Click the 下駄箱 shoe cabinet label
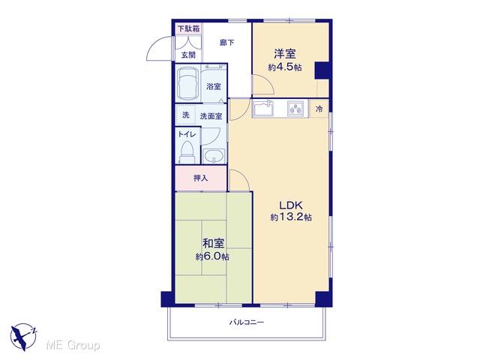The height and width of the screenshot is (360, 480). click(x=189, y=29)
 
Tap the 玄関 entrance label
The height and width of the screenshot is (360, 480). click(x=188, y=55)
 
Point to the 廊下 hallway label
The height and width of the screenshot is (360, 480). click(x=227, y=43)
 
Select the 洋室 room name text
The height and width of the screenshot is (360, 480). click(x=285, y=53)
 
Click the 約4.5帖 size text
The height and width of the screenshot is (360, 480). click(x=285, y=67)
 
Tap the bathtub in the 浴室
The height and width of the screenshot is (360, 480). click(x=187, y=82)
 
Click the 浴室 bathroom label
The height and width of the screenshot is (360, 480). click(x=213, y=87)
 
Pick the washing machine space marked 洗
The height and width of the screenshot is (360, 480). click(x=186, y=115)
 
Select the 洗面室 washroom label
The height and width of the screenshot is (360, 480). click(x=211, y=116)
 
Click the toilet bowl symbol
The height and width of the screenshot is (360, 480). click(x=187, y=153)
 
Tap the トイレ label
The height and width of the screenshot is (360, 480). click(x=187, y=134)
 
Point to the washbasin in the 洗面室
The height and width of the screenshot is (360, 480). click(x=214, y=156)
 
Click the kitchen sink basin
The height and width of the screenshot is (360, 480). click(x=263, y=108)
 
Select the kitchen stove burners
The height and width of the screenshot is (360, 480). click(x=295, y=108)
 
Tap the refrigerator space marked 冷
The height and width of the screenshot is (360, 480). click(x=319, y=108)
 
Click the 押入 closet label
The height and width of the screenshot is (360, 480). click(x=200, y=178)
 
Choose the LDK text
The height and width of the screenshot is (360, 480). click(x=291, y=205)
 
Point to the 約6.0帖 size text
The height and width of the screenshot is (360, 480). click(x=212, y=256)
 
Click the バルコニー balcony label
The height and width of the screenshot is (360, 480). click(x=247, y=322)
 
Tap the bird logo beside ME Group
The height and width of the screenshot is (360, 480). click(x=23, y=337)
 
